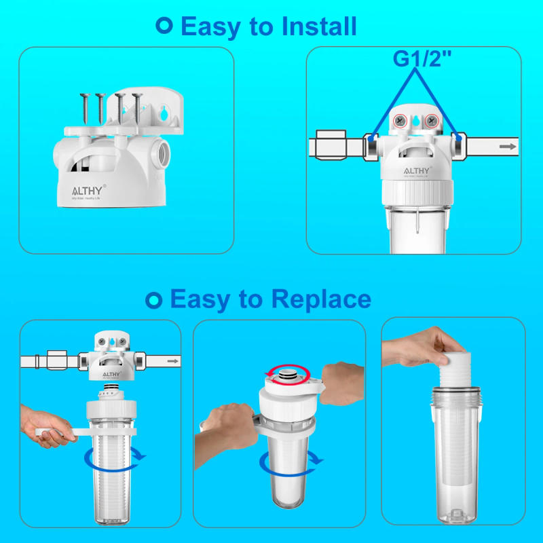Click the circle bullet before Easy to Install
(x=164, y=26)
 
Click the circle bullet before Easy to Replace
(x=154, y=299)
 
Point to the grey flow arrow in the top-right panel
(x=506, y=146)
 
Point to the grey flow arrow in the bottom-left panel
(x=172, y=362)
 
